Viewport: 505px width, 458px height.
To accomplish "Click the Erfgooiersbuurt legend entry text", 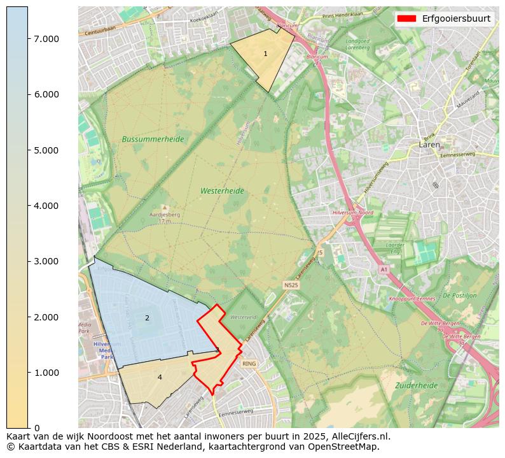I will coord(456,18).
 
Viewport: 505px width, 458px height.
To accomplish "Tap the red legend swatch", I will coord(406,18).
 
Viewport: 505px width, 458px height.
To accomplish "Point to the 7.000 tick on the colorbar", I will coord(46,39).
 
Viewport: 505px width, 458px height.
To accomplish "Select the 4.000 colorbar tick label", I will coord(46,206).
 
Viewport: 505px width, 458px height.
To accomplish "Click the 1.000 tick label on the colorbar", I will coord(46,373).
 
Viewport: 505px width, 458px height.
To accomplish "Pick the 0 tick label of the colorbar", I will coord(37,428).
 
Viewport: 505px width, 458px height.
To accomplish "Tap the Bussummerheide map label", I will coord(153,139).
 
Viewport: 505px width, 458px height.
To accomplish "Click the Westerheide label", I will coord(222,190).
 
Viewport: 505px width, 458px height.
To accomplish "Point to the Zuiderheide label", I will coord(416,385).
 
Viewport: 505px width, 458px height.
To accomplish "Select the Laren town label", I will coord(430,145).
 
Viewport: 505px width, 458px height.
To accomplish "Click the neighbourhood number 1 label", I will coord(265,54).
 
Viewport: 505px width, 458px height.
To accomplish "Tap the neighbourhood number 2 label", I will coord(147,318).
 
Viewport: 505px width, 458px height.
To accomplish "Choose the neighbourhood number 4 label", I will coord(160,377).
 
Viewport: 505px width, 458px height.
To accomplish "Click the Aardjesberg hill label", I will coord(165,215).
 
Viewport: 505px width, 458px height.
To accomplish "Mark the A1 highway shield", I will coord(384,270).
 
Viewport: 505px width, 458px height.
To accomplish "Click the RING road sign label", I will coord(249,364).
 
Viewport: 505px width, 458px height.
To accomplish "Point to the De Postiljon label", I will coord(459,296).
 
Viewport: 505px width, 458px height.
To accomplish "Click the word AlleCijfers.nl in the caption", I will coord(358,436).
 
